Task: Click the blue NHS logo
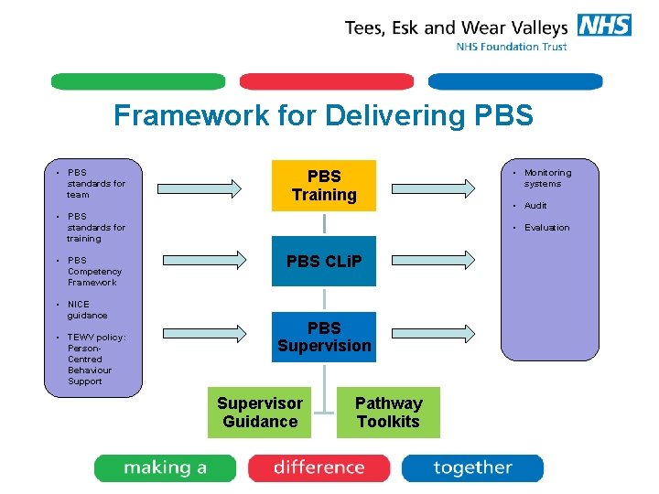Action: pos(605,26)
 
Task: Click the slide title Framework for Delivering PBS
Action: pos(323,115)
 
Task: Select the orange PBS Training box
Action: pos(324,186)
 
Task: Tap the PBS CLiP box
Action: pos(324,262)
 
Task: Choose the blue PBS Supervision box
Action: pos(324,337)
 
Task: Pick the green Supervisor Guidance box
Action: pos(260,413)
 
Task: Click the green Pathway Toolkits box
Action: pos(388,413)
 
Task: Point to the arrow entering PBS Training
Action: pos(211,187)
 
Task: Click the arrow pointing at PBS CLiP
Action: pos(211,262)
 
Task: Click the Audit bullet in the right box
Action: pos(535,206)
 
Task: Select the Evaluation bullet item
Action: pos(546,228)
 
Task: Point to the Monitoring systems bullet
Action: pos(547,178)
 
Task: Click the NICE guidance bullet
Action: pos(87,310)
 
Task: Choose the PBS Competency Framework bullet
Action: pos(94,272)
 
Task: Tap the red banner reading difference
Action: pos(318,468)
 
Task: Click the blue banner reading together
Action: pos(472,468)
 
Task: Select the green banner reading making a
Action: pos(166,468)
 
